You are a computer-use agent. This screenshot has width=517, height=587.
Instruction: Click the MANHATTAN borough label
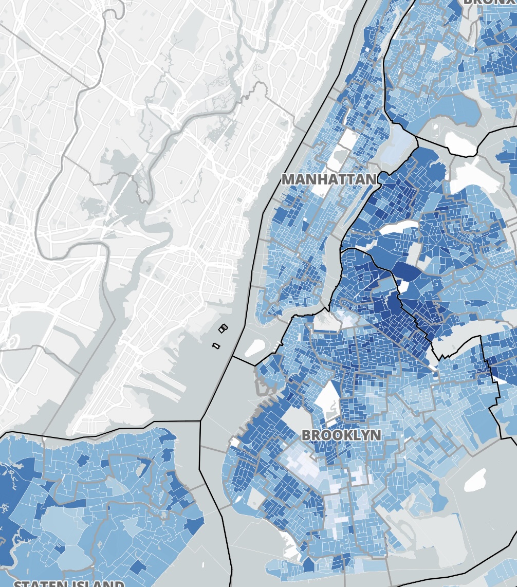(329, 179)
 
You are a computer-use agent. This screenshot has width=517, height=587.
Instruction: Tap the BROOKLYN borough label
(341, 435)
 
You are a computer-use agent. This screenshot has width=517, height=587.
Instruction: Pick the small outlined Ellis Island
(223, 328)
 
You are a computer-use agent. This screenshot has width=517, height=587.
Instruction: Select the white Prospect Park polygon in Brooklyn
(327, 398)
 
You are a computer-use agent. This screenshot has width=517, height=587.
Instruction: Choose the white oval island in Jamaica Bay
(475, 480)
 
